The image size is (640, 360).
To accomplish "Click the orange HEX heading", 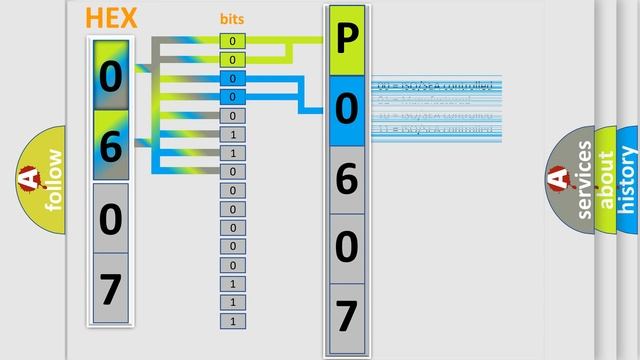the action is [111, 18].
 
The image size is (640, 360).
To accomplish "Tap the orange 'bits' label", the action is [232, 19].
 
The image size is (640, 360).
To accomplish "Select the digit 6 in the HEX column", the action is [111, 146].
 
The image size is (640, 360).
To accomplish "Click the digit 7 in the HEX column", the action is [111, 288].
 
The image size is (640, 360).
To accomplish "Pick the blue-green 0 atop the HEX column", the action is [111, 75].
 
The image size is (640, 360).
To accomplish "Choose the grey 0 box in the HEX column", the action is [111, 217].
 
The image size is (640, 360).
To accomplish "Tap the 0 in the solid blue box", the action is [346, 109].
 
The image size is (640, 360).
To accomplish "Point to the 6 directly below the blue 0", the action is [346, 179].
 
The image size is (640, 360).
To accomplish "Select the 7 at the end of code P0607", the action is [346, 316].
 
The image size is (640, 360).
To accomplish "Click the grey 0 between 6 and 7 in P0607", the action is [346, 247].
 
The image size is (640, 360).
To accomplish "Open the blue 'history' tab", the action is [628, 180].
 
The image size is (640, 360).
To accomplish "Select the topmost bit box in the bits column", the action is [232, 41].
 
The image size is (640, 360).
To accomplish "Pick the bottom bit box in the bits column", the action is [232, 321].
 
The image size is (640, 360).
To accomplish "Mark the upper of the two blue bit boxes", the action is [232, 78].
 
